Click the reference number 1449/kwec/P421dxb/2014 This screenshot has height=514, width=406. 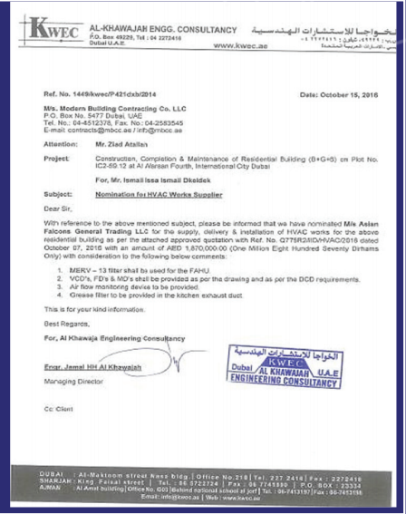tap(117, 93)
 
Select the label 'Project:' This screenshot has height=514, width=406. tap(56, 157)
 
